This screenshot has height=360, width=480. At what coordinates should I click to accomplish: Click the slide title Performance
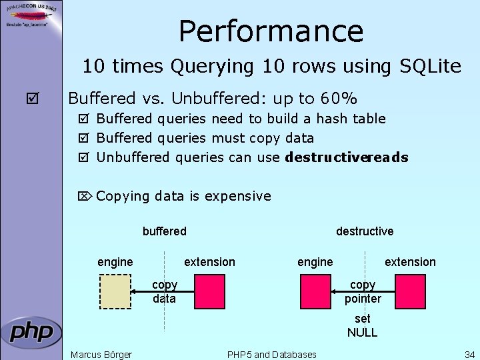tap(271, 31)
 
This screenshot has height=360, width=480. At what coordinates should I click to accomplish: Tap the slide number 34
tap(469, 354)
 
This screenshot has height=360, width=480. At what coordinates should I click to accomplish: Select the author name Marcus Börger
tap(101, 354)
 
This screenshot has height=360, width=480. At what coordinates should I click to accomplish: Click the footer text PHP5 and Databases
tap(272, 354)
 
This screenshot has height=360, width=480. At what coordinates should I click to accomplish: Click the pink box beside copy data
tap(209, 291)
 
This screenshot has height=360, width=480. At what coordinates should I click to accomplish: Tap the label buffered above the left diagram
tap(165, 231)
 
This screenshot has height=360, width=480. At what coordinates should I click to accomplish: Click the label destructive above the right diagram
tap(365, 231)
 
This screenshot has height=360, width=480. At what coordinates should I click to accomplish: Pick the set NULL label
tap(362, 325)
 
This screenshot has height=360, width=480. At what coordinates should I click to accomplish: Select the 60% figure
tap(337, 99)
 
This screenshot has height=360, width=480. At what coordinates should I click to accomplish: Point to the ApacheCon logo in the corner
tap(31, 15)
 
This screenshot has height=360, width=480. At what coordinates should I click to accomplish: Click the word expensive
tap(238, 196)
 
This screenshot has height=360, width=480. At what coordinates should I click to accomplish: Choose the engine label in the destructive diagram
tap(315, 262)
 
